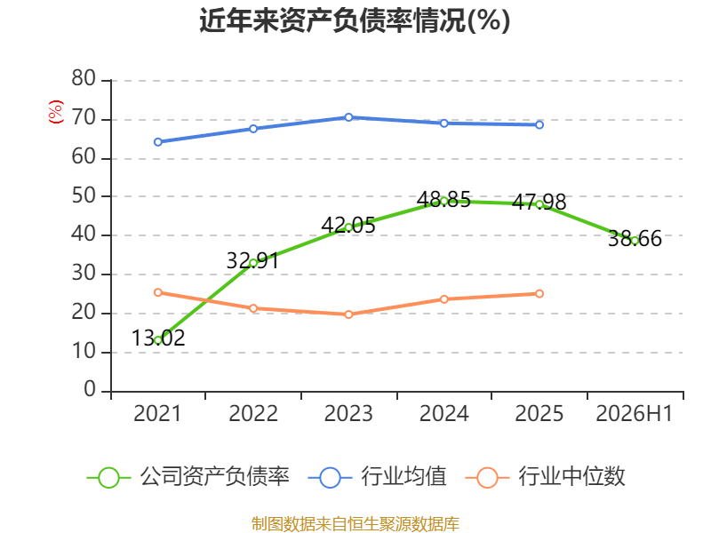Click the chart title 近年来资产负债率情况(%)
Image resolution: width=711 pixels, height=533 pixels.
click(355, 20)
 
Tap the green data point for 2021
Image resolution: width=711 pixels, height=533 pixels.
click(158, 340)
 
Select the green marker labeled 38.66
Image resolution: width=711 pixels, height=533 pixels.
click(635, 240)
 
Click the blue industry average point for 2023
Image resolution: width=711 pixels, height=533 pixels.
click(348, 117)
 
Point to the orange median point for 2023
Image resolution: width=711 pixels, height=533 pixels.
click(348, 314)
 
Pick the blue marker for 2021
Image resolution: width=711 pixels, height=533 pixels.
click(158, 142)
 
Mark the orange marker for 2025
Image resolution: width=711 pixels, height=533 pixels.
click(539, 294)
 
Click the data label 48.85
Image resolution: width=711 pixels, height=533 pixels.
click(443, 199)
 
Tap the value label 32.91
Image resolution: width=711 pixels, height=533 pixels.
click(252, 260)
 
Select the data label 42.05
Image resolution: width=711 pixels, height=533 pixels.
click(348, 226)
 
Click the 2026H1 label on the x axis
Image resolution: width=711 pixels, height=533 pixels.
click(634, 413)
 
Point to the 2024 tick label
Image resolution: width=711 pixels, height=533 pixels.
click(443, 413)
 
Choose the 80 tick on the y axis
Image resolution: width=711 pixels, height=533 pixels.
click(84, 78)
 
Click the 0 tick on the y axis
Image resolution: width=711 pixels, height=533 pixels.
click(90, 389)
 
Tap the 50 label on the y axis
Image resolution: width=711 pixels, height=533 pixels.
click(84, 195)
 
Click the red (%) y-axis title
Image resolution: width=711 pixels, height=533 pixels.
click(56, 112)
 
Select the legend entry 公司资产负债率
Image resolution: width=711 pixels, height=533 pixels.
click(188, 477)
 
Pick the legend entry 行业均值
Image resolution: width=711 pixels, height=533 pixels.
click(377, 477)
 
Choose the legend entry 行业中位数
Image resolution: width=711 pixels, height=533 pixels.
click(545, 477)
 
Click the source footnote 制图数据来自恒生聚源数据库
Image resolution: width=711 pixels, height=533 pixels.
click(355, 523)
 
